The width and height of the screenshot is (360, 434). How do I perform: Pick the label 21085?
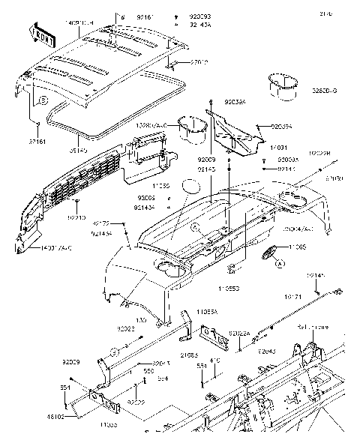(190, 354)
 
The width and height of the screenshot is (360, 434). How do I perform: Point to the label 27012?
(199, 64)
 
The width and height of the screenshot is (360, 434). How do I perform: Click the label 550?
(148, 371)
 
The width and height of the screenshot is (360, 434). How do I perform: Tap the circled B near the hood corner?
(43, 99)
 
